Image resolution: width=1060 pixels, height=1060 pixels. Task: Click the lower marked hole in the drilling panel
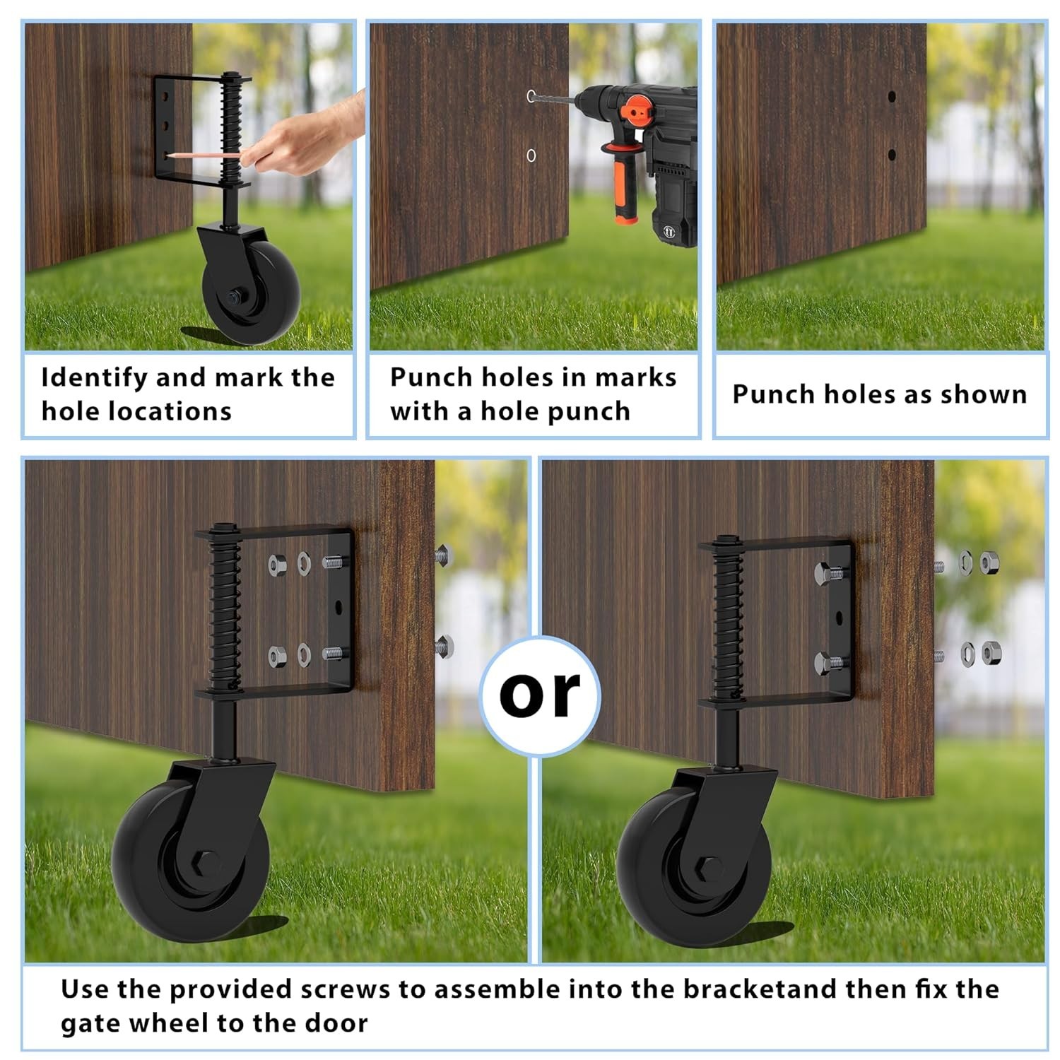pyautogui.click(x=531, y=155)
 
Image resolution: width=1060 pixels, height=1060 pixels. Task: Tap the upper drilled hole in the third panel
pyautogui.click(x=892, y=96)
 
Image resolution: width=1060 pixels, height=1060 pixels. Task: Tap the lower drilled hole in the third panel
pyautogui.click(x=892, y=154)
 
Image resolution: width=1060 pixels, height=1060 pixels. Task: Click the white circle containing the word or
pyautogui.click(x=540, y=695)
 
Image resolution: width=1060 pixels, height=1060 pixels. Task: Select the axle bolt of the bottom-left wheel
pyautogui.click(x=208, y=865)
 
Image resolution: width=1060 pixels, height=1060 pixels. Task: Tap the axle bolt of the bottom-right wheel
pyautogui.click(x=709, y=868)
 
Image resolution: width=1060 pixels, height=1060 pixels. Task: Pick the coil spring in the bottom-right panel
pyautogui.click(x=729, y=622)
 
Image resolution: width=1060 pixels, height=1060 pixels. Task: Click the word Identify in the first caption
pyautogui.click(x=94, y=378)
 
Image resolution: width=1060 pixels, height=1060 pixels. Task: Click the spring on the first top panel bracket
pyautogui.click(x=230, y=131)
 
